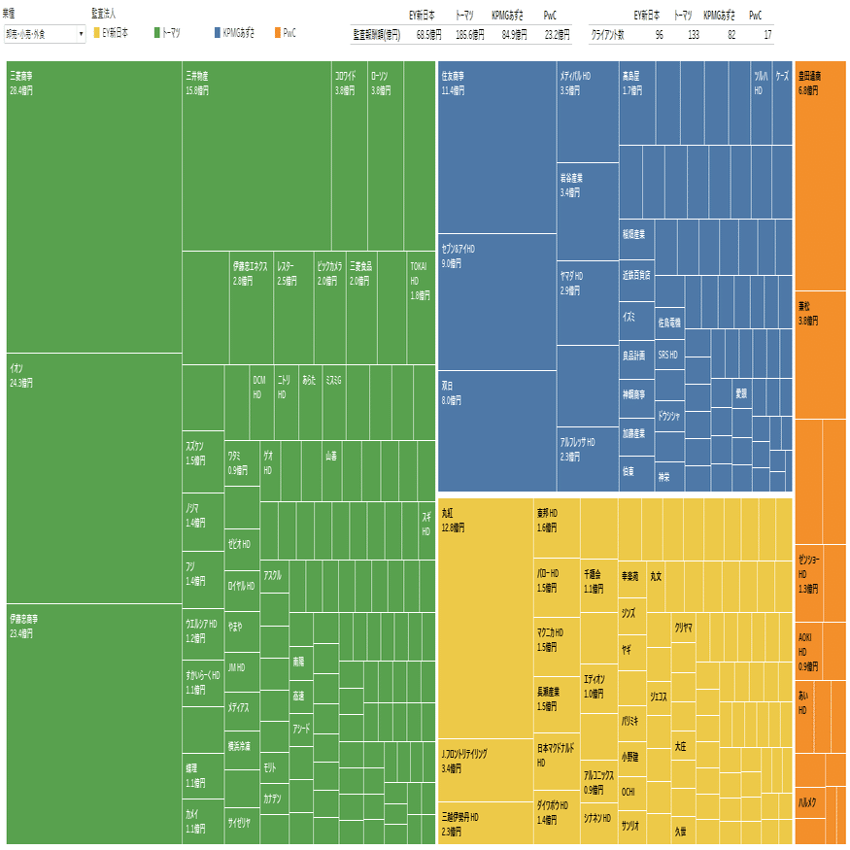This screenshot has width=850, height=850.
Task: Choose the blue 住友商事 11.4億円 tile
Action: (x=496, y=146)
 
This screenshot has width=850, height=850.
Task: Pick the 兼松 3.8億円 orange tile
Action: (x=820, y=351)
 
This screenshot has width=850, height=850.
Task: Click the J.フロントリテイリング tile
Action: (x=485, y=766)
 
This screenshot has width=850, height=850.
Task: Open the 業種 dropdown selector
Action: (x=45, y=34)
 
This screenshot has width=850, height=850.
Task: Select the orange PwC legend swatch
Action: (x=278, y=33)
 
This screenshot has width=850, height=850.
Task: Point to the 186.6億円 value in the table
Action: (x=469, y=34)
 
